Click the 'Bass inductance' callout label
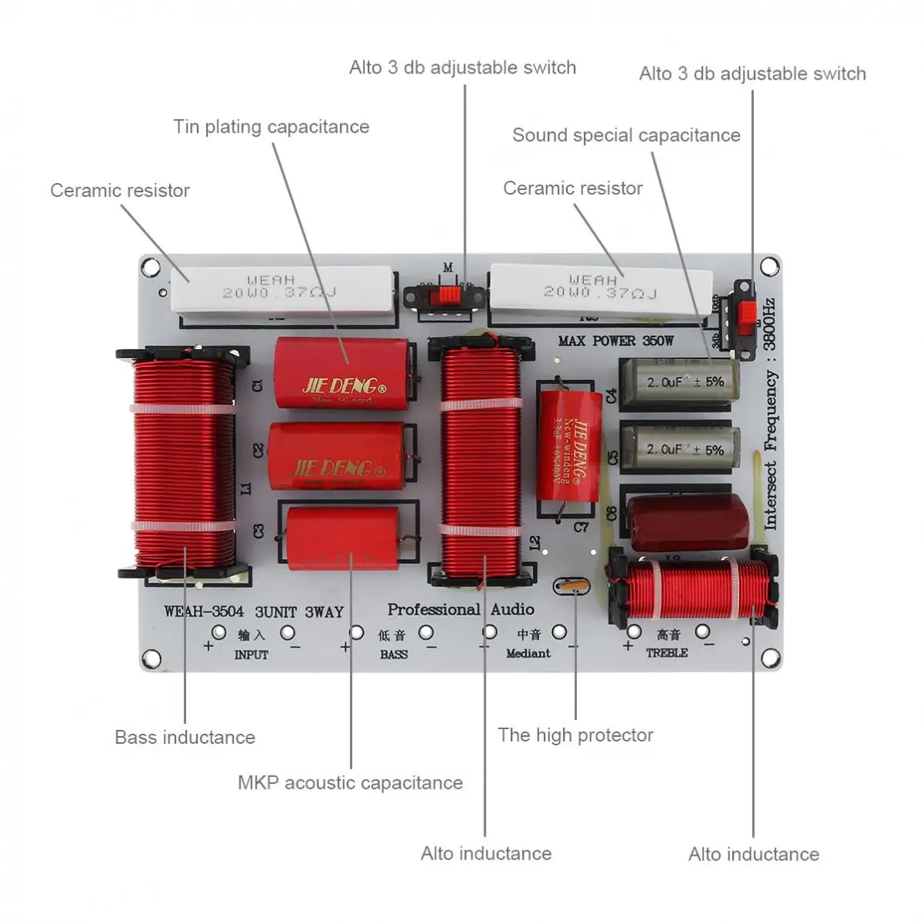click(185, 737)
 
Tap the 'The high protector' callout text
click(575, 735)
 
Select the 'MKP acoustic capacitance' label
click(350, 782)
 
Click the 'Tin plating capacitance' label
click(271, 127)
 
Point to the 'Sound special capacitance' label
click(626, 135)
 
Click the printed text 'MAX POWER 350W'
click(616, 341)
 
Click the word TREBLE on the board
click(667, 653)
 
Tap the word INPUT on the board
click(251, 654)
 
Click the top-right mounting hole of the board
click(769, 266)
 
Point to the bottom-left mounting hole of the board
click(152, 659)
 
